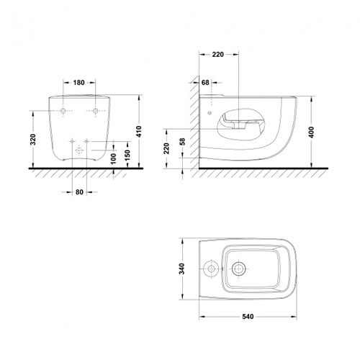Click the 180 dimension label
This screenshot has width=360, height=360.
[79, 83]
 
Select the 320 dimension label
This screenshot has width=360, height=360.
[33, 140]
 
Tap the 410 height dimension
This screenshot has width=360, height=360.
[139, 132]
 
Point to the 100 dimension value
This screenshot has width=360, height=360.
[113, 158]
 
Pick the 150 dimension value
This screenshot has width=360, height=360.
[127, 155]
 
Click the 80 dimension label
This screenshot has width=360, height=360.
[79, 192]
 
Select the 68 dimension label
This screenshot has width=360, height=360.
[205, 83]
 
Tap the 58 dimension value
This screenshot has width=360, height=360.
[182, 142]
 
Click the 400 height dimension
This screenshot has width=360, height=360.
[311, 132]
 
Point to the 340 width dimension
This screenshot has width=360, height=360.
[182, 269]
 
